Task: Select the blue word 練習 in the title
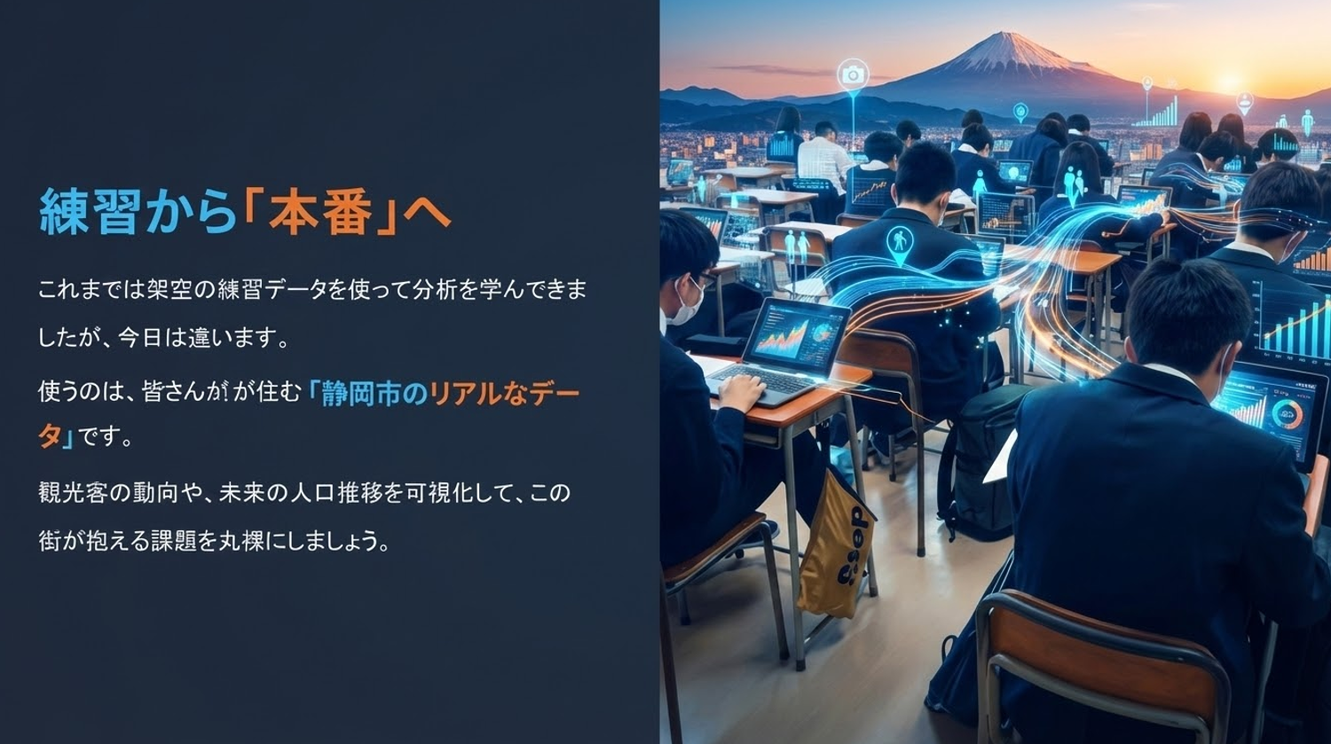[91, 212]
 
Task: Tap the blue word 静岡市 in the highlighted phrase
[366, 394]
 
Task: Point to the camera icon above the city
[854, 74]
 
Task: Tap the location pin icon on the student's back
[899, 245]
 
